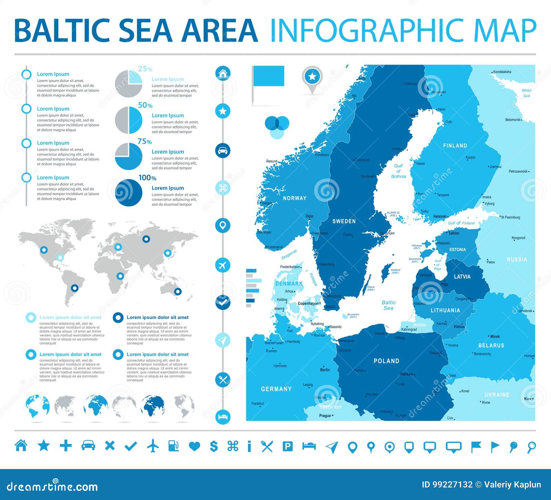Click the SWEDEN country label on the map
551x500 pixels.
click(344, 221)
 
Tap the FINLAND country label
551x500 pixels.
click(455, 145)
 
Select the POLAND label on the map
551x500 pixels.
click(386, 361)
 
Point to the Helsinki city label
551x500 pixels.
click(440, 216)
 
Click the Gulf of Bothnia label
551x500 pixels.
click(398, 171)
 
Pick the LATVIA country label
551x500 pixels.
click(462, 276)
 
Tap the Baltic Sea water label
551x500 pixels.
click(388, 305)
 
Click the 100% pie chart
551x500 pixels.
click(128, 193)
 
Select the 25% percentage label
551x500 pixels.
click(145, 69)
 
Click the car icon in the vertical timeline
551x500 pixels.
click(223, 151)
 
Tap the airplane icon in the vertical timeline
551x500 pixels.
click(223, 265)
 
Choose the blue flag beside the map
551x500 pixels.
click(269, 76)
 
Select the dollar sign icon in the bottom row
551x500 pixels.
click(214, 446)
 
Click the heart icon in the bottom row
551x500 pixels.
click(195, 446)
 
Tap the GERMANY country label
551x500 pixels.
click(276, 389)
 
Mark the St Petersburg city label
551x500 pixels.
click(510, 217)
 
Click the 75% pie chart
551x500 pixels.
click(128, 156)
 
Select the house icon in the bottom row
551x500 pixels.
click(21, 446)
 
